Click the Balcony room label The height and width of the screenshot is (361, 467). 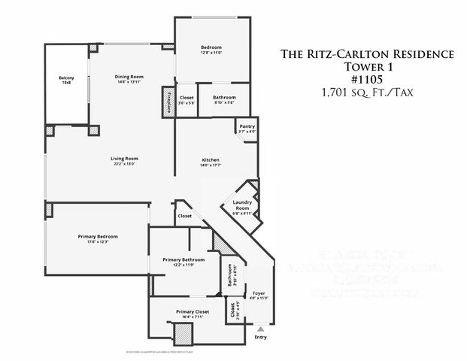tap(65, 78)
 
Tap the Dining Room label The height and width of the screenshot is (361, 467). tap(129, 77)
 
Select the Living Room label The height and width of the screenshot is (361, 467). tap(125, 158)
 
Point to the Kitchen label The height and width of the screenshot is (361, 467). tap(210, 159)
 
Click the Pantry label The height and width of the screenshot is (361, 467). tap(247, 126)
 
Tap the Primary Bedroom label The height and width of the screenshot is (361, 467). tap(98, 236)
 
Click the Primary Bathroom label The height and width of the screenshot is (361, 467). tap(179, 260)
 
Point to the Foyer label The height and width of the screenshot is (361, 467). tap(258, 293)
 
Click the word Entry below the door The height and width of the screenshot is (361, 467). tap(260, 337)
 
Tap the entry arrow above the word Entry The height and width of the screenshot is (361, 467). tap(260, 329)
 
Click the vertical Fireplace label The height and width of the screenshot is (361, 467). tap(168, 101)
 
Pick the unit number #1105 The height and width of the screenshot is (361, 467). tap(367, 79)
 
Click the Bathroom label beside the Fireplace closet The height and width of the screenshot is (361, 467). tap(224, 97)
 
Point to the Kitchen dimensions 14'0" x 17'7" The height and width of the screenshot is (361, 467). tap(210, 165)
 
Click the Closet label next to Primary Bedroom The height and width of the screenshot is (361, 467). tap(184, 216)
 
